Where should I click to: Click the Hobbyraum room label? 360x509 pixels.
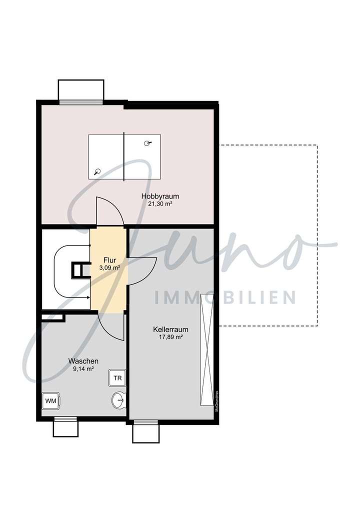pos(160,196)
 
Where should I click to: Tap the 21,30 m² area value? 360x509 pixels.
pos(160,204)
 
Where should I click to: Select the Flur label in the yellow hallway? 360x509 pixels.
pos(109,260)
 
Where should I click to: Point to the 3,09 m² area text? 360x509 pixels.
pos(109,268)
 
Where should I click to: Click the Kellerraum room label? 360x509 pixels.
pos(167,329)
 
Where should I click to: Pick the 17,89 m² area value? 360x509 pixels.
pos(167,337)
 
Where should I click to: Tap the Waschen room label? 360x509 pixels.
pos(83,361)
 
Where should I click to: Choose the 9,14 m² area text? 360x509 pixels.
pos(83,369)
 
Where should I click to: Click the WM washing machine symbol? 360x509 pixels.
pos(51,400)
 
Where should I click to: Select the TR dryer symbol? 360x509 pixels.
pos(117,378)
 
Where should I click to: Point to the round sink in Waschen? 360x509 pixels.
pos(118,400)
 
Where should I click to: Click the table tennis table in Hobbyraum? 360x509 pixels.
pos(124,156)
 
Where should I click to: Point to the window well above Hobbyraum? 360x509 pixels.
pos(81,90)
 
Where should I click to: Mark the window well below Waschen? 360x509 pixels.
pos(65,426)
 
